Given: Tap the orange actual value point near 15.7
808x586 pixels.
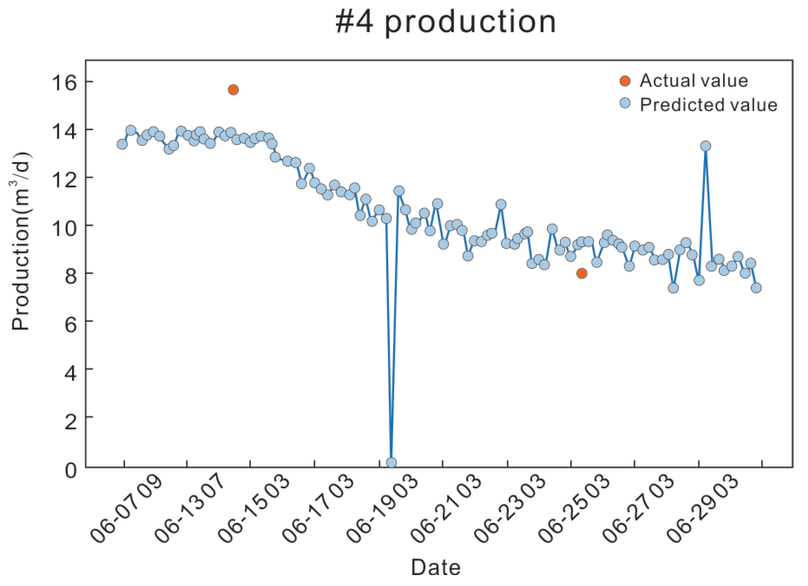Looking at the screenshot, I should click(x=233, y=90).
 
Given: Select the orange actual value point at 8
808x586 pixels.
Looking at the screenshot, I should click(x=582, y=273).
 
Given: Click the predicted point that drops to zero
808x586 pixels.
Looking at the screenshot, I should click(x=391, y=463).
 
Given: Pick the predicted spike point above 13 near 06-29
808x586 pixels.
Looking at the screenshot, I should click(x=705, y=146).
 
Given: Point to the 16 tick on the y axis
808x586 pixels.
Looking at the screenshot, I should click(x=64, y=82).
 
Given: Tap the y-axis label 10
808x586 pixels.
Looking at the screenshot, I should click(x=64, y=227).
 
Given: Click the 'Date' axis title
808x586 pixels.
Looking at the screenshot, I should click(x=436, y=567).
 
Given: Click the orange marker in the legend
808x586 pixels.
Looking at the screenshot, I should click(x=625, y=81).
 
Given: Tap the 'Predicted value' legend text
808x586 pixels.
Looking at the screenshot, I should click(x=708, y=105).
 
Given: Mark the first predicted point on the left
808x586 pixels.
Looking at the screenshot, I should click(x=122, y=144).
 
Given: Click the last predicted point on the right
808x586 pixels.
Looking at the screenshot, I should click(x=756, y=288).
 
